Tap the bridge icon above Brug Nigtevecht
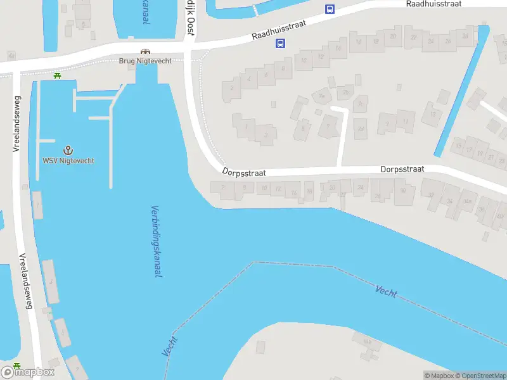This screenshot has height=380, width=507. [x=145, y=52]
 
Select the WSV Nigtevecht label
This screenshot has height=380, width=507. [x=68, y=161]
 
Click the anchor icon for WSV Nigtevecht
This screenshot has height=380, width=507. [x=68, y=150]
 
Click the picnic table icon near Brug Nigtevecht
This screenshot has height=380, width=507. [x=58, y=75]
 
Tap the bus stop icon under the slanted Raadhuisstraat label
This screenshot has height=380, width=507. [x=279, y=44]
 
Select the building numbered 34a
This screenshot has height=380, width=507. [x=468, y=201]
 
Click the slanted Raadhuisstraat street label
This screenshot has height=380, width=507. [x=278, y=28]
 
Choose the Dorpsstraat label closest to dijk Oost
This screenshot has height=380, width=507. [x=243, y=172]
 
